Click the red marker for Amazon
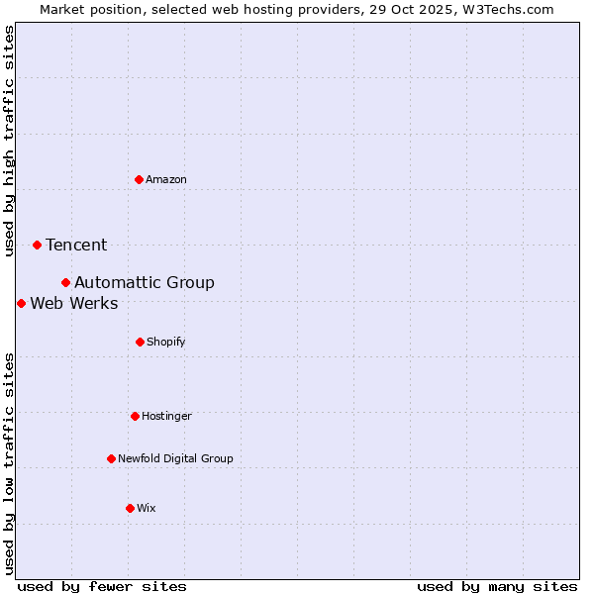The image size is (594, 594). click(139, 179)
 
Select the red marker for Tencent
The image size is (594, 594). click(37, 245)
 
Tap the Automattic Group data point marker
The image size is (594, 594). click(65, 282)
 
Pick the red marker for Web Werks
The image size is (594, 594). click(21, 303)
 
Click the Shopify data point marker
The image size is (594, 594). click(140, 342)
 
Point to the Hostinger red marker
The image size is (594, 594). click(135, 416)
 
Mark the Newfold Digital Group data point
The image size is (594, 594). click(111, 458)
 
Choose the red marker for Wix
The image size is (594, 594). click(130, 508)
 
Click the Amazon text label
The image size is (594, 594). click(166, 179)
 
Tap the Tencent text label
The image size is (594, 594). click(76, 245)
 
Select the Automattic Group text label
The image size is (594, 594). click(145, 282)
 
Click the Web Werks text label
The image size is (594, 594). click(74, 303)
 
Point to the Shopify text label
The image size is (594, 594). click(166, 342)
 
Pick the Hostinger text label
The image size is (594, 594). click(166, 416)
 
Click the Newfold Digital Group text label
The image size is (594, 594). click(175, 458)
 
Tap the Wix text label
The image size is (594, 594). click(147, 508)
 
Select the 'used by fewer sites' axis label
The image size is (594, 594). click(102, 586)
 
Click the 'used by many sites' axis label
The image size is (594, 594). click(497, 586)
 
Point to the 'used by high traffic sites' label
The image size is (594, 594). click(9, 141)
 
